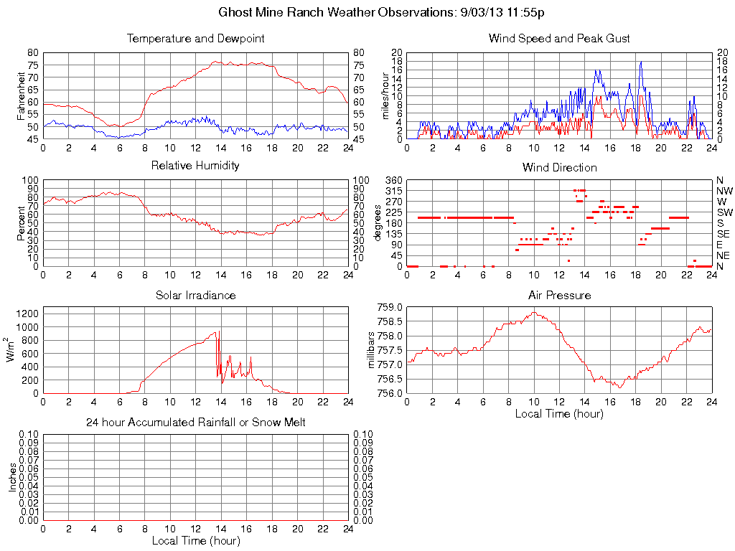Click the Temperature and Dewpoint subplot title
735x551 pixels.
pos(195,39)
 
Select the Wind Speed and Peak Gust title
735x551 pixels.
pos(559,39)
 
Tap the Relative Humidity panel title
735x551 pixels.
pos(195,166)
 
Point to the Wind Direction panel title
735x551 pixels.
pos(559,167)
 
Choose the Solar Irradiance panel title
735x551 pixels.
pos(195,295)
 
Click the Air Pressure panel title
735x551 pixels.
pos(559,295)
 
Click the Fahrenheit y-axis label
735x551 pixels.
pos(22,95)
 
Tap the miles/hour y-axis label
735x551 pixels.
pos(385,95)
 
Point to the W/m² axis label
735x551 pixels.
pos(11,349)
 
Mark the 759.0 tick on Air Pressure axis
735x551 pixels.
pos(390,307)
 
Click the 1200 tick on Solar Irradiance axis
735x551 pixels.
pos(29,313)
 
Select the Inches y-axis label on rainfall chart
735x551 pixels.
pos(12,477)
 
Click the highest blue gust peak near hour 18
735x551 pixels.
pos(640,62)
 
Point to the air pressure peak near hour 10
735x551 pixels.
pos(534,312)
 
